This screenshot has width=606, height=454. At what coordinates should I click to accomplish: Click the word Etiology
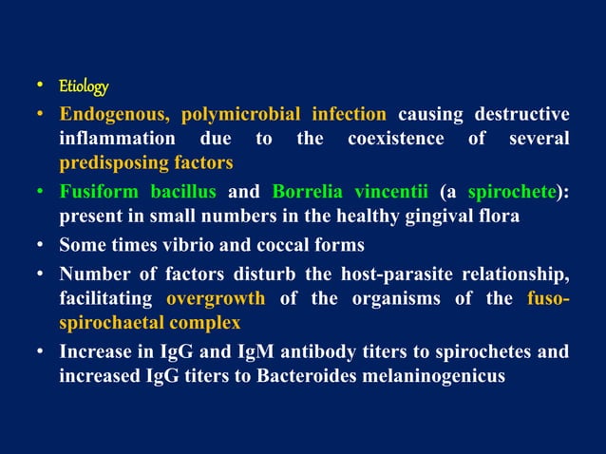(x=84, y=87)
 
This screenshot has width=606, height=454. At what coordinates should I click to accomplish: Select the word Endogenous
(x=115, y=116)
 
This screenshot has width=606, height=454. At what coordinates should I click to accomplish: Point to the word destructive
(x=521, y=116)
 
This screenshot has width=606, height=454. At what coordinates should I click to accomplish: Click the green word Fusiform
(x=100, y=190)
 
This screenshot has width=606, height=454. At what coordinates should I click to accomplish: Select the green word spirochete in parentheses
(x=511, y=190)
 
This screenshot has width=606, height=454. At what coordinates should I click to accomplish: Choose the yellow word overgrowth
(x=216, y=299)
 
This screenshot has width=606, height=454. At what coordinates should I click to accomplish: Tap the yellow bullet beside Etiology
(x=43, y=87)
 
